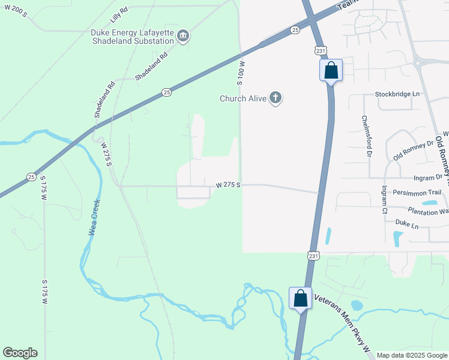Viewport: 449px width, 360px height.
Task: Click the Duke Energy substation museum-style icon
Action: pos(184,37)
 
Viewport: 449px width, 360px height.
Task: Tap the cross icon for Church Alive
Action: pos(276,98)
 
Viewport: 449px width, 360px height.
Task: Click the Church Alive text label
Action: pos(243,98)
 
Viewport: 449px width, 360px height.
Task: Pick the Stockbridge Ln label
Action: pos(397,94)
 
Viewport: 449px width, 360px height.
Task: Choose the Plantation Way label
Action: pos(427,211)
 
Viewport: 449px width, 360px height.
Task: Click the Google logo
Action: pos(20,353)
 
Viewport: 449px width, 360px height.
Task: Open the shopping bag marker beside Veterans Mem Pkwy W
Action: pos(300,298)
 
